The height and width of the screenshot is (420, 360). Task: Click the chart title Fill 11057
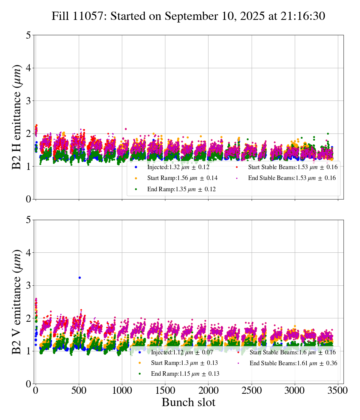(188, 16)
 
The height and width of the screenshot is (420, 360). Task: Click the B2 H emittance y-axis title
(17, 117)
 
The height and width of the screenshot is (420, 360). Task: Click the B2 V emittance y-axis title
(17, 301)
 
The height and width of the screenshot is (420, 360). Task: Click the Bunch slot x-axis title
(188, 403)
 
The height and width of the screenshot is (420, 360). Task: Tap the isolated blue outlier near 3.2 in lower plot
(79, 277)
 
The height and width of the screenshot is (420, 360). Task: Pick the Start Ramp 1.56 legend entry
(182, 178)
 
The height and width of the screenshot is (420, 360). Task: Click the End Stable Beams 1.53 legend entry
(292, 178)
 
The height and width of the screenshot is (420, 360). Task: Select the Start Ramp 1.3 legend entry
(184, 363)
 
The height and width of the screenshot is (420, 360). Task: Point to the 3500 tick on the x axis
(338, 391)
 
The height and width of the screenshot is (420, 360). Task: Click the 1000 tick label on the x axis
(122, 391)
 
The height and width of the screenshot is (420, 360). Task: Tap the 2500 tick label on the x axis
(252, 391)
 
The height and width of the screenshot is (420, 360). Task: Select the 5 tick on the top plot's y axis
(28, 35)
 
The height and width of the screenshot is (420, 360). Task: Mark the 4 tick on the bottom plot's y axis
(28, 253)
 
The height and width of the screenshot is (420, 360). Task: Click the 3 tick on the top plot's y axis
(28, 101)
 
